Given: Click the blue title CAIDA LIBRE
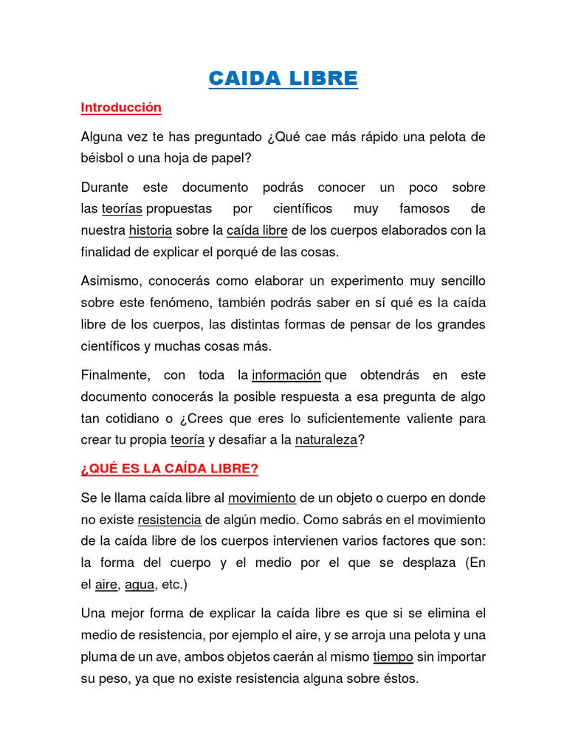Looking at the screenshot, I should [x=283, y=78].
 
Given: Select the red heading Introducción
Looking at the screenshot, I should [x=120, y=108].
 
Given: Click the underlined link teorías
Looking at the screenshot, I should [x=123, y=209].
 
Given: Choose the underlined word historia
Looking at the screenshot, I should [x=150, y=230].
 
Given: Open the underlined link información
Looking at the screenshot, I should [x=286, y=375].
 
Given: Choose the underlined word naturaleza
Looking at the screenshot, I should [x=326, y=441].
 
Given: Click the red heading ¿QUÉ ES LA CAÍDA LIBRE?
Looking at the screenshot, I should [x=169, y=470].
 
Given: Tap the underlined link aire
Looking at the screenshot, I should [x=106, y=585].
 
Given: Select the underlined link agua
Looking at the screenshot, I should [x=140, y=585].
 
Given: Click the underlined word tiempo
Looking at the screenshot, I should [x=393, y=656].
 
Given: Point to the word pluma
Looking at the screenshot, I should [x=97, y=656].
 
